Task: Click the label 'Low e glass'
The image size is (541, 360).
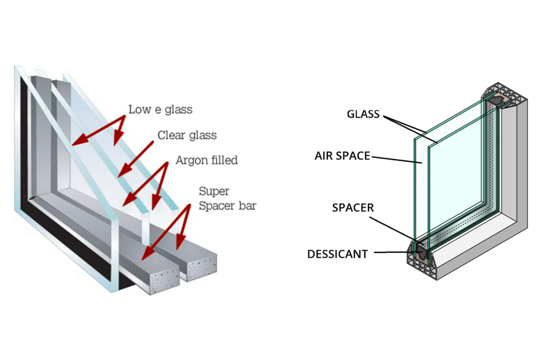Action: [x=160, y=110]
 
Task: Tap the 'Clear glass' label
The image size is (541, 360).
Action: [x=187, y=135]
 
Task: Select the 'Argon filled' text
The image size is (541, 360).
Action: [x=207, y=160]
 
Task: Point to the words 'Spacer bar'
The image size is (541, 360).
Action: [x=227, y=206]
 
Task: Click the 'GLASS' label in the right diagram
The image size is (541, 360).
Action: [x=363, y=114]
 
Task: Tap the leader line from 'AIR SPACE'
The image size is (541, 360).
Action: [x=396, y=159]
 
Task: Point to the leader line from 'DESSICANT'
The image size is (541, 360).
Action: [x=396, y=254]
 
